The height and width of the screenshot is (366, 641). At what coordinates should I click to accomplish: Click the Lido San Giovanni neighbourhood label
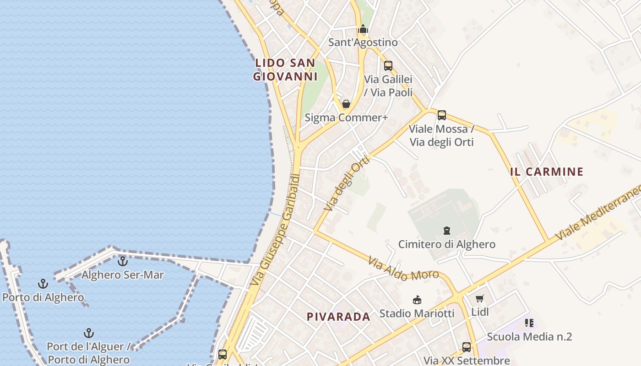coord(285,70)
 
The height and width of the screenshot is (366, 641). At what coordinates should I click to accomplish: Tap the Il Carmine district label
coord(547,172)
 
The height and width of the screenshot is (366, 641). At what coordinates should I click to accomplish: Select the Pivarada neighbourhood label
coord(338,317)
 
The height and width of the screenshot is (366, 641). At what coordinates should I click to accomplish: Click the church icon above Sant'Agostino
coord(363,29)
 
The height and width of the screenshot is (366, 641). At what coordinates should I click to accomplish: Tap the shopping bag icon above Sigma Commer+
coord(346,104)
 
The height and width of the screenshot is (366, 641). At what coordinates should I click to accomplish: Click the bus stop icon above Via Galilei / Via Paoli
coord(388,66)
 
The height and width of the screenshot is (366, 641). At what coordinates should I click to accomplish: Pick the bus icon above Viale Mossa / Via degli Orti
coord(442,115)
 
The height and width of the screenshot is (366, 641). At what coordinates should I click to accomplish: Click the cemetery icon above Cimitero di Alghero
coord(446,231)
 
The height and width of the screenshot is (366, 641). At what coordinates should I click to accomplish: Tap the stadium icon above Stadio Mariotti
coord(417,300)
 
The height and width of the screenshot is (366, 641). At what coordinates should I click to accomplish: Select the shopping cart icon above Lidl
coord(479,299)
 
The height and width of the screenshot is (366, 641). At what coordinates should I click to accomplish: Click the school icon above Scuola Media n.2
coord(529,323)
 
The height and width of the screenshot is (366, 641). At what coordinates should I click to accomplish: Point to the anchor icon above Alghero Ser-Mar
coord(122,261)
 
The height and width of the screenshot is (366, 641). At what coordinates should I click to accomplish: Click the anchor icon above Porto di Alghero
coord(43,284)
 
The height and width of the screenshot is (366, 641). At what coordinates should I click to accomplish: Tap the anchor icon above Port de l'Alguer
coord(88,333)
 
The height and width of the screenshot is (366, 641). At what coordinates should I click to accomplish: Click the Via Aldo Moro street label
coord(403,269)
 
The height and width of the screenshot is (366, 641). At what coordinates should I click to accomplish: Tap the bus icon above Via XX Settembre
coord(467,347)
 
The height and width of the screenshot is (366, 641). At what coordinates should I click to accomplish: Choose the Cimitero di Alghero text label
coord(446,244)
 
